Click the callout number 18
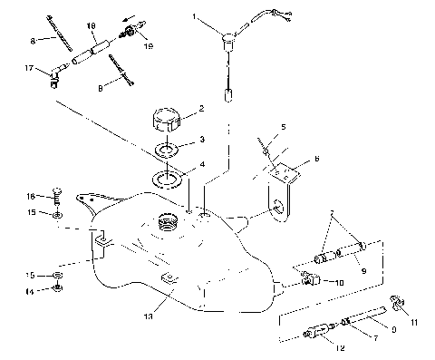tap(90, 24)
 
